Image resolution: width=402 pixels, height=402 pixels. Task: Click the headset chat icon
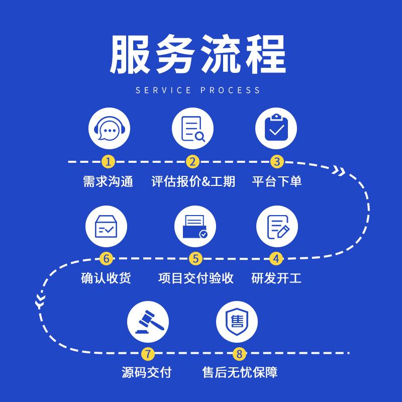[x=109, y=129]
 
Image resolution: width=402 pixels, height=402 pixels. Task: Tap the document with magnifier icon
[x=193, y=129]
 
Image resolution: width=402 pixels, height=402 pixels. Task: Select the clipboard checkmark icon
[x=276, y=129]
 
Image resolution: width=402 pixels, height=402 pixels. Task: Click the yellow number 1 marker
[x=108, y=162]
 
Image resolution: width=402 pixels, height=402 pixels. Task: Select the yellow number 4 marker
[x=276, y=259]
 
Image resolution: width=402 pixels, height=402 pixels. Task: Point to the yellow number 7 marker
[x=147, y=354]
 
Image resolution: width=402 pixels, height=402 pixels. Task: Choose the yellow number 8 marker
[x=239, y=354]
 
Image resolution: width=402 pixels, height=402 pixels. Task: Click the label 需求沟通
[x=108, y=181]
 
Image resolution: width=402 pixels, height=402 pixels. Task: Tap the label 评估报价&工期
[x=193, y=181]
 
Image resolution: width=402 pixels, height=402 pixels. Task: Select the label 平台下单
[x=277, y=181]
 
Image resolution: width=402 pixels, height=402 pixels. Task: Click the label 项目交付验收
[x=196, y=278]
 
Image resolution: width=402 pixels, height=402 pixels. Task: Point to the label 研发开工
[x=276, y=278]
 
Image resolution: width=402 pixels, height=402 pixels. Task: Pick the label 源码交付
[x=147, y=372]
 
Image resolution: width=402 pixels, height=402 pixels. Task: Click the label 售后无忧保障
[x=240, y=372]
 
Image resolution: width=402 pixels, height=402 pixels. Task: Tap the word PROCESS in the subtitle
[x=231, y=90]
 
